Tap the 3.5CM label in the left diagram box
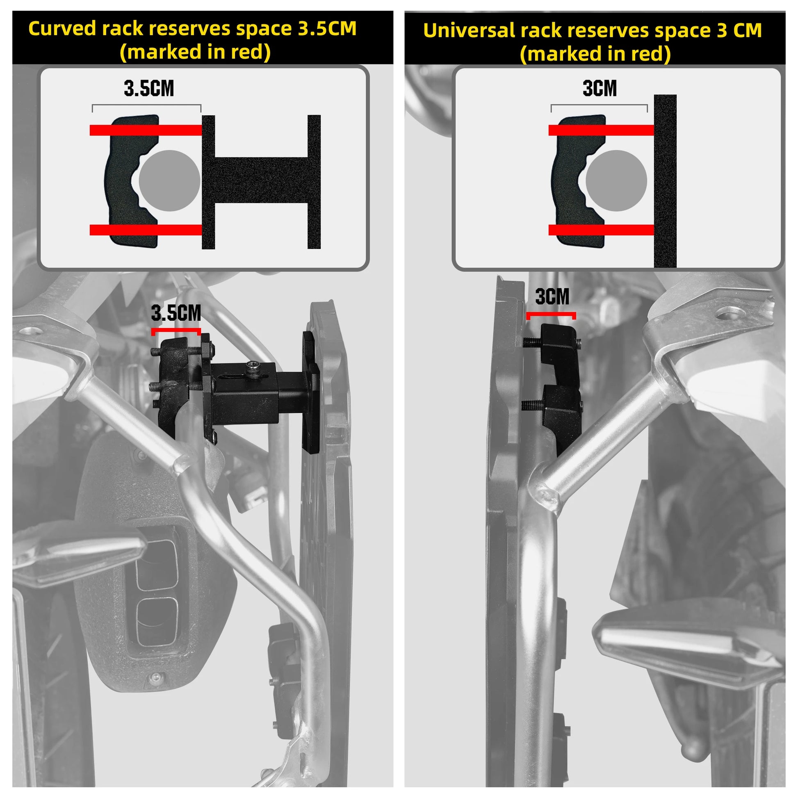click(149, 89)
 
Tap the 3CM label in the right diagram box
click(600, 89)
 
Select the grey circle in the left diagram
click(169, 181)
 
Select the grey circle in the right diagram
click(616, 181)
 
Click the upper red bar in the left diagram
click(146, 130)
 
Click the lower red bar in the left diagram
click(146, 230)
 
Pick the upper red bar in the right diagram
click(602, 130)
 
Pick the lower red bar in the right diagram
click(602, 230)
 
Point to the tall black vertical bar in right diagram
click(666, 181)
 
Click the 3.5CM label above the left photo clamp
click(176, 313)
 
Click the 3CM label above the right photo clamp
click(552, 296)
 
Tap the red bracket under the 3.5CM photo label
click(176, 331)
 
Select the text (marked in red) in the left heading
click(195, 52)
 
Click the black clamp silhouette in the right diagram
click(578, 180)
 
